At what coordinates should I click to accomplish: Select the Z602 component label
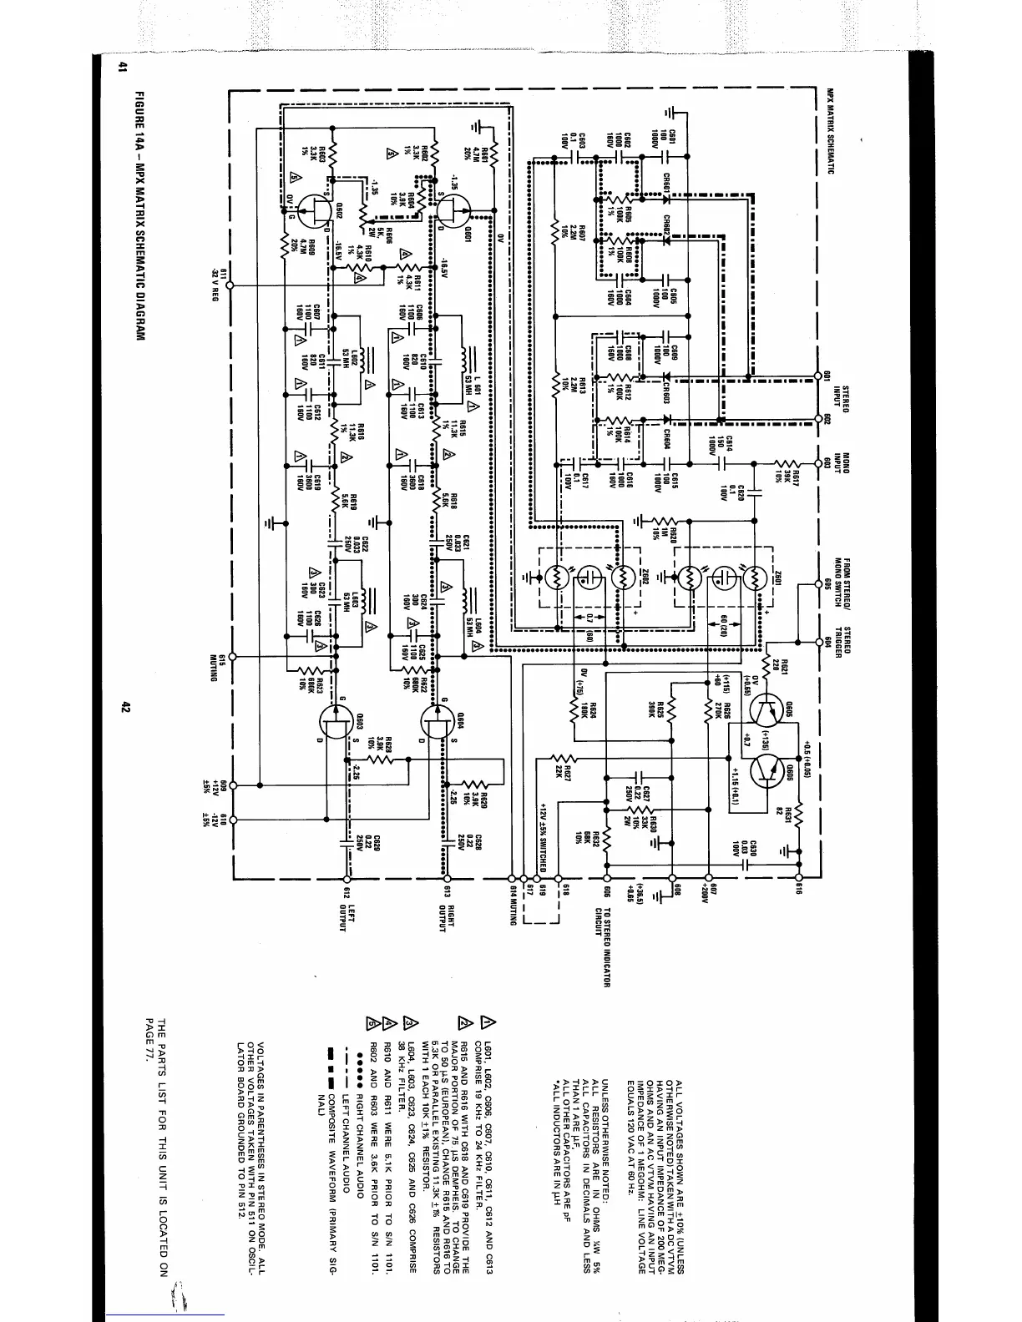(644, 578)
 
